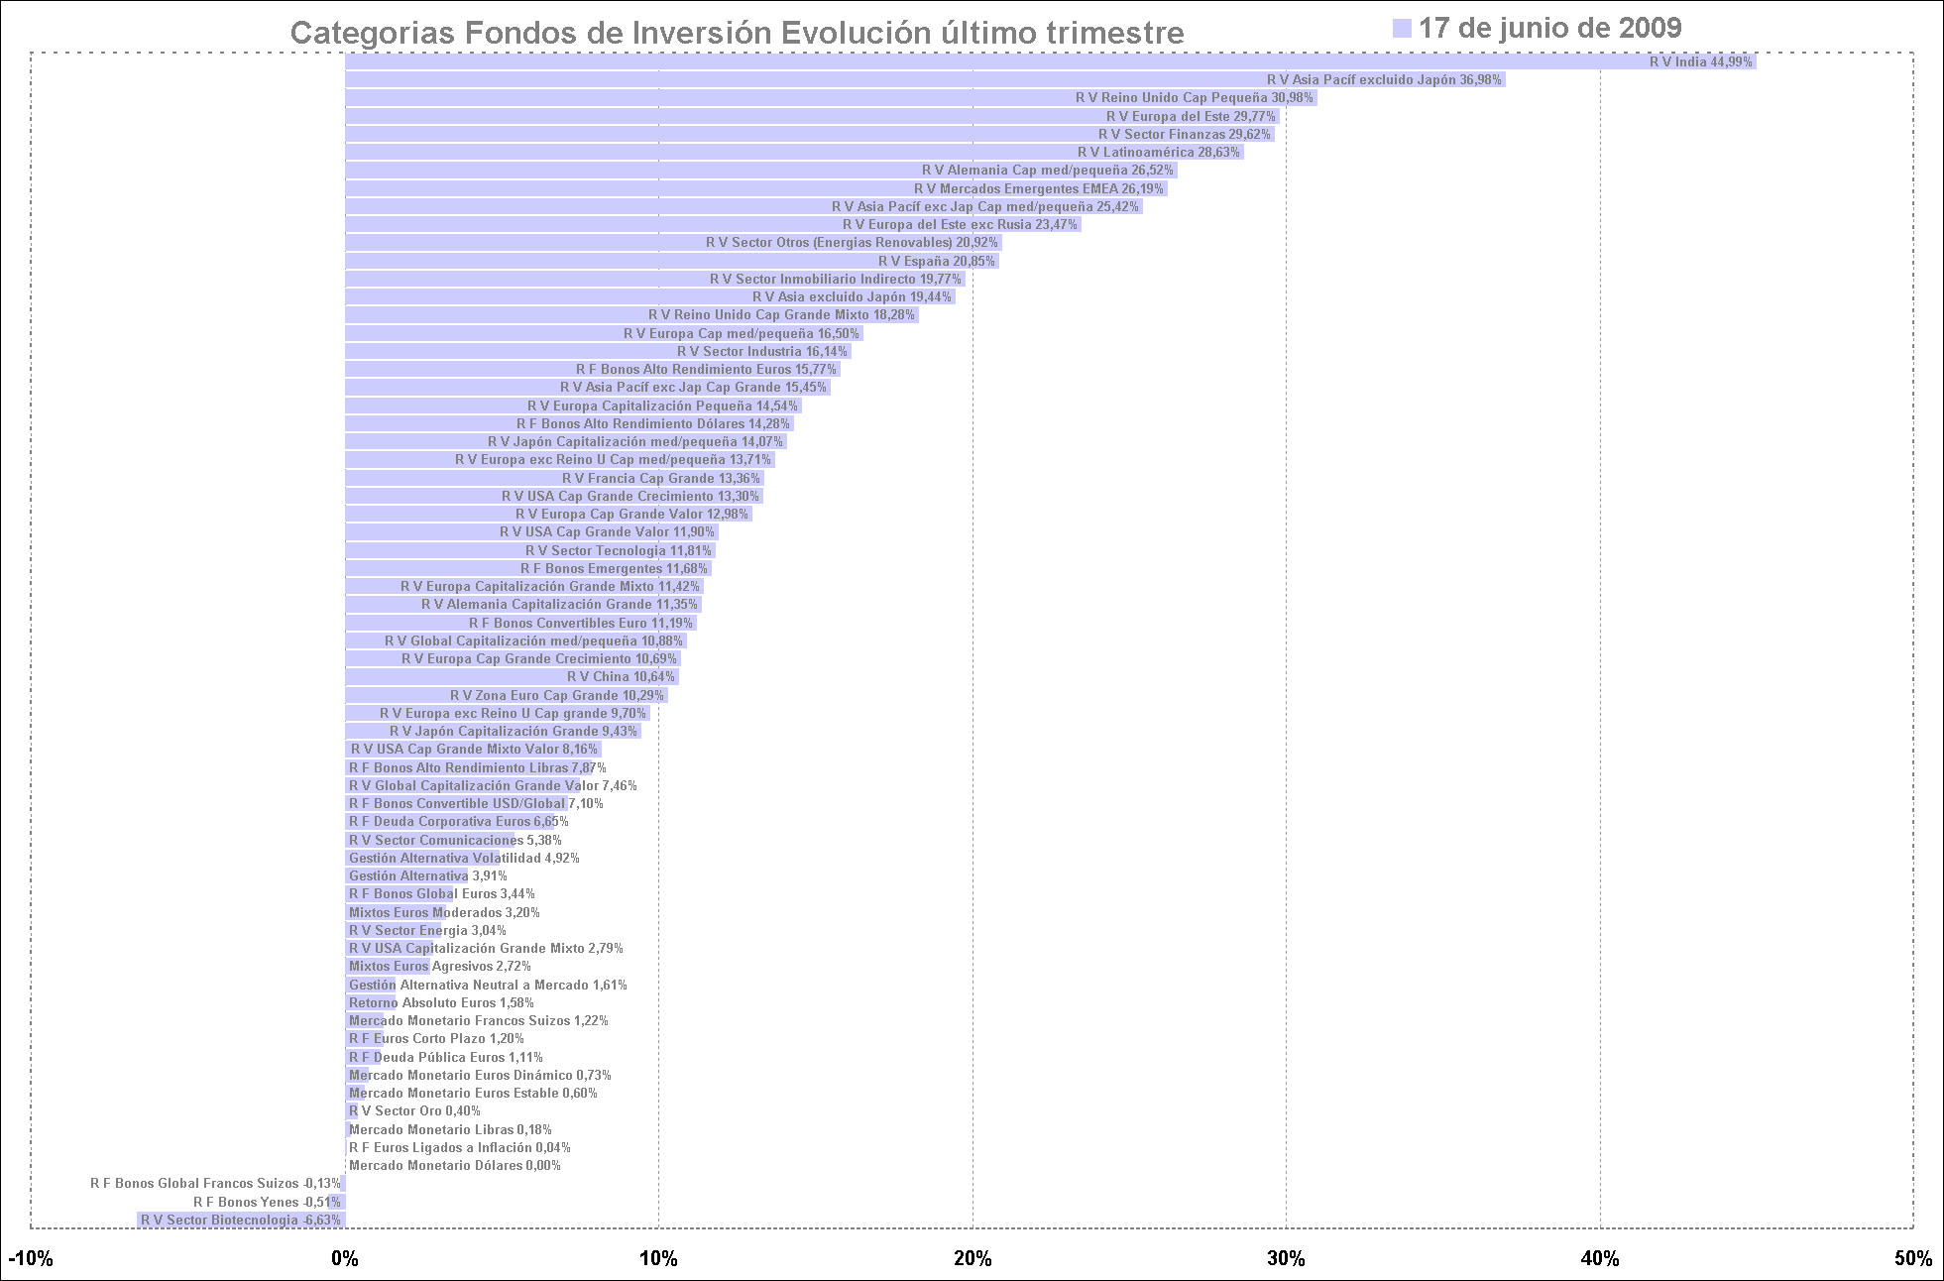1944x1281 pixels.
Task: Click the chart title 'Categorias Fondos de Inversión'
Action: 737,33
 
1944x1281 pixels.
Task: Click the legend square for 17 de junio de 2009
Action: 1401,28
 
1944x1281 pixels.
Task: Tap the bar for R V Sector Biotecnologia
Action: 241,1220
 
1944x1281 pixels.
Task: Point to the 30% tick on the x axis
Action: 1286,1258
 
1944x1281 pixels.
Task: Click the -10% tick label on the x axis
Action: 31,1258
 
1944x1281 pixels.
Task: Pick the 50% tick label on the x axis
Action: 1913,1258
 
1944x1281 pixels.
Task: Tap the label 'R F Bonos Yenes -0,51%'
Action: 267,1202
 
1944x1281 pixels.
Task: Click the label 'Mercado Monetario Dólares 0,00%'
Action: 455,1165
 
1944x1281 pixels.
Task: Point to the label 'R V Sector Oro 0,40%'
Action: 414,1110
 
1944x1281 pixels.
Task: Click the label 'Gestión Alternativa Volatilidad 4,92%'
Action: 464,858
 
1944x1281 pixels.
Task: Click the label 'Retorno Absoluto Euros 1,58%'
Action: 441,1002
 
